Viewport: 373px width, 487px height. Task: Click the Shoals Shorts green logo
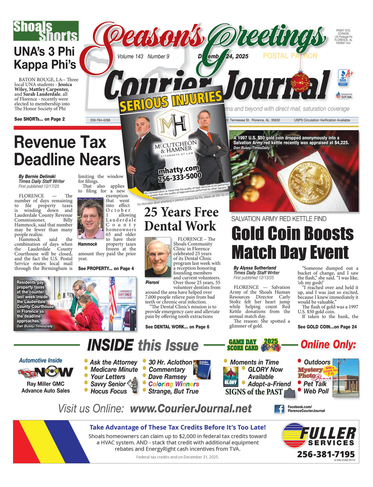click(x=46, y=31)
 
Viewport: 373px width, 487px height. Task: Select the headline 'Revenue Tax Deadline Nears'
click(x=67, y=151)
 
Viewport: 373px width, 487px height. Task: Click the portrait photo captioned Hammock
click(x=90, y=219)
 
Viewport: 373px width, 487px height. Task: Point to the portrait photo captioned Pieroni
click(x=158, y=258)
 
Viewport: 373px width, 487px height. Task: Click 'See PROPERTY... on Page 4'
click(x=106, y=268)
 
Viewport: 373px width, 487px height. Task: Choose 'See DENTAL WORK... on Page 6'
click(x=177, y=327)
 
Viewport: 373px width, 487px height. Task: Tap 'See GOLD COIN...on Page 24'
click(x=327, y=327)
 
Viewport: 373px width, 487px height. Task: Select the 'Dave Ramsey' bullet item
click(x=167, y=377)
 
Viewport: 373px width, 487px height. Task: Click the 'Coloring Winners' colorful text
click(x=173, y=384)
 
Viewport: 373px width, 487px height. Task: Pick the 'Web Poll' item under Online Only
click(x=316, y=391)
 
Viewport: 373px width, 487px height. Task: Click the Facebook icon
click(x=279, y=409)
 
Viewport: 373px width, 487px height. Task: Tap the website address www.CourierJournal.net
click(x=191, y=409)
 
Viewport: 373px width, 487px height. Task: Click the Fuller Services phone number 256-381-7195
click(x=326, y=454)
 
